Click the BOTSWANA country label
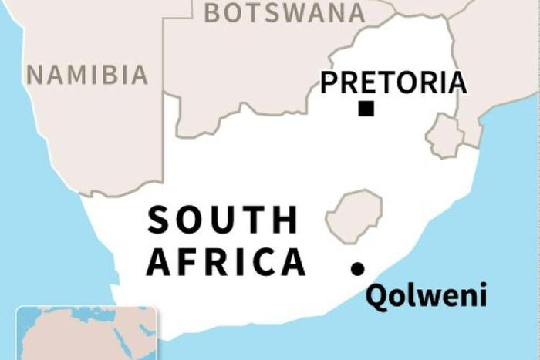(x=285, y=12)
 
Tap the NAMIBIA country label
(x=87, y=74)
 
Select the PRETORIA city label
(x=393, y=82)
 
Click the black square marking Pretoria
(x=366, y=109)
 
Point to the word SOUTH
(x=222, y=220)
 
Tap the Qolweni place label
(x=426, y=296)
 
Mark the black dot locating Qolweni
(x=358, y=268)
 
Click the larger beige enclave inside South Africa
(x=354, y=214)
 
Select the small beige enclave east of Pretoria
(x=446, y=136)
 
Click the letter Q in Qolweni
(x=376, y=296)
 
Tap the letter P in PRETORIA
(x=329, y=82)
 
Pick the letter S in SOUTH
(x=158, y=220)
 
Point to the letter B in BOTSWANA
(x=213, y=12)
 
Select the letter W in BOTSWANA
(x=287, y=12)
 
